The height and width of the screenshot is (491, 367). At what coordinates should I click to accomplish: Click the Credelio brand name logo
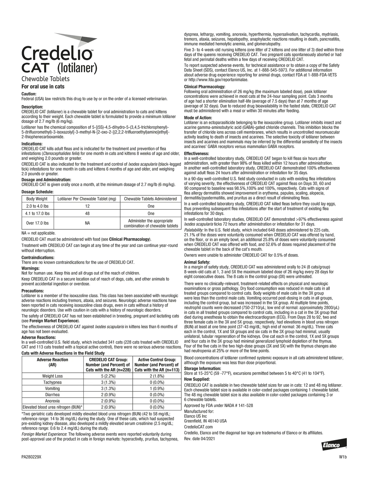[x=57, y=53]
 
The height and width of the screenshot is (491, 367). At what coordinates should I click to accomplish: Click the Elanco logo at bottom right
[x=334, y=445]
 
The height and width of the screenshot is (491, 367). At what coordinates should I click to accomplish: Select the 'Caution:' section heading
[x=29, y=94]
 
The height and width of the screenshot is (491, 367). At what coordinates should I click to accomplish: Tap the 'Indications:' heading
[x=32, y=144]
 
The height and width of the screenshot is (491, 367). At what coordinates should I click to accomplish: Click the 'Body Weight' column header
[x=37, y=199]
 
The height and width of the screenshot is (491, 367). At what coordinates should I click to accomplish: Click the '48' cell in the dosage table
[x=87, y=213]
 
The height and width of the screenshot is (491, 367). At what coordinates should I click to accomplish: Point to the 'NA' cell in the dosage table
[x=87, y=223]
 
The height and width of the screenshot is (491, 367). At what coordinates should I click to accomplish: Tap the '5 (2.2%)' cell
[x=108, y=376]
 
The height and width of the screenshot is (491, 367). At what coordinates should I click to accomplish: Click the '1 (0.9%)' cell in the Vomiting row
[x=157, y=388]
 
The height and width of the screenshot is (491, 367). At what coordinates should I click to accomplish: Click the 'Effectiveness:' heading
[x=196, y=153]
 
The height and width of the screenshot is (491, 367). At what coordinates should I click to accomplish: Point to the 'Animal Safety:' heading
[x=197, y=262]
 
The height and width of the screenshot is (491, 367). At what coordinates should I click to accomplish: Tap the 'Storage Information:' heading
[x=202, y=368]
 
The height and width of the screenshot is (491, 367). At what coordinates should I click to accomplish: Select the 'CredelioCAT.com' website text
[x=198, y=427]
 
